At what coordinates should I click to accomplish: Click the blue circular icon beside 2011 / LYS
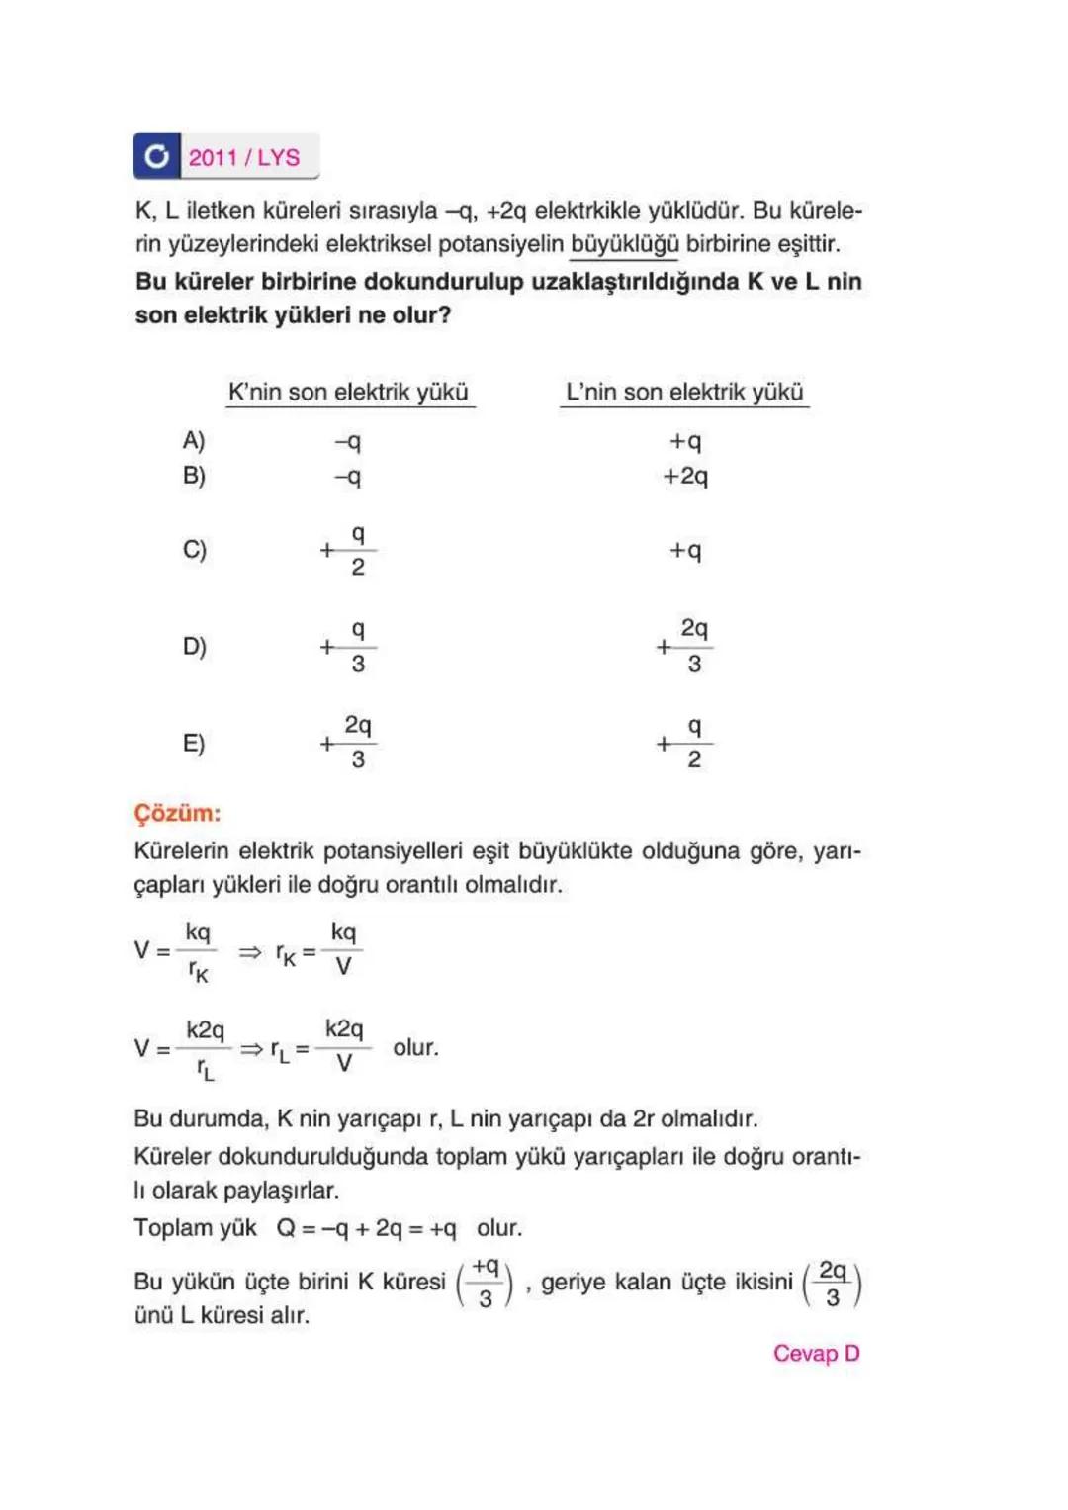[x=156, y=156]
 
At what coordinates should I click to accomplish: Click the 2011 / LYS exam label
[x=244, y=157]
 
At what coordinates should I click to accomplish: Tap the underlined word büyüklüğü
[x=624, y=244]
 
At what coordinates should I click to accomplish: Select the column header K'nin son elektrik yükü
[x=348, y=392]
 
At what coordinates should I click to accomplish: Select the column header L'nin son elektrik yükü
[x=684, y=392]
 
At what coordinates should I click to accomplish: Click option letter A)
[x=194, y=440]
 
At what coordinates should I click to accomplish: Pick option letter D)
[x=195, y=646]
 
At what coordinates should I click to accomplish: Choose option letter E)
[x=194, y=743]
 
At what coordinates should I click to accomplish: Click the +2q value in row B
[x=685, y=476]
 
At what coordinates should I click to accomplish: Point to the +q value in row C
[x=685, y=550]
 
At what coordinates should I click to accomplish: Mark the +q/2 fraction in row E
[x=685, y=743]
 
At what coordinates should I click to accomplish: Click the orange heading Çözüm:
[x=178, y=813]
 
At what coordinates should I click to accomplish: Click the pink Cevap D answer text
[x=816, y=1353]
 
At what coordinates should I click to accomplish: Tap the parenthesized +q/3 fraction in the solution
[x=485, y=1284]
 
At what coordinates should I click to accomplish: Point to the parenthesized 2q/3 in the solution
[x=832, y=1284]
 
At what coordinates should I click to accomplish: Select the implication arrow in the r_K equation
[x=250, y=952]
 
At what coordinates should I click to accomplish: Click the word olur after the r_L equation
[x=415, y=1048]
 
